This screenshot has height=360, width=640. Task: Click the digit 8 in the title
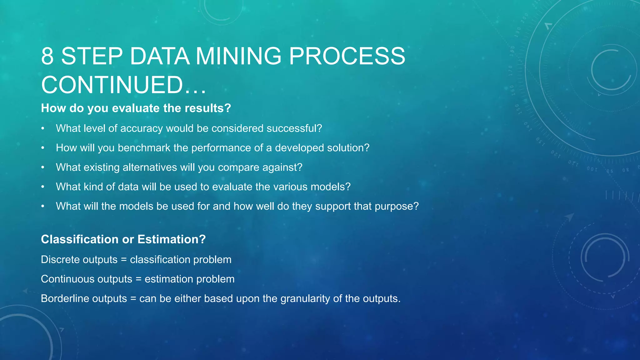click(x=47, y=56)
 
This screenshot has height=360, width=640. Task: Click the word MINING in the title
click(x=238, y=56)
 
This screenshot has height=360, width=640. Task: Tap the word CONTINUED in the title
click(x=112, y=85)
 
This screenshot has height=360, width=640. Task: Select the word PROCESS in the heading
click(x=347, y=56)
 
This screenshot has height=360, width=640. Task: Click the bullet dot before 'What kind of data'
click(x=43, y=187)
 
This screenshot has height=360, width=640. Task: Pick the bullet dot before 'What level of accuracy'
click(x=43, y=128)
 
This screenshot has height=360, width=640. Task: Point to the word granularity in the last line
click(x=305, y=298)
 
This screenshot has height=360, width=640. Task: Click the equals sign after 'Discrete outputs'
click(x=124, y=260)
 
